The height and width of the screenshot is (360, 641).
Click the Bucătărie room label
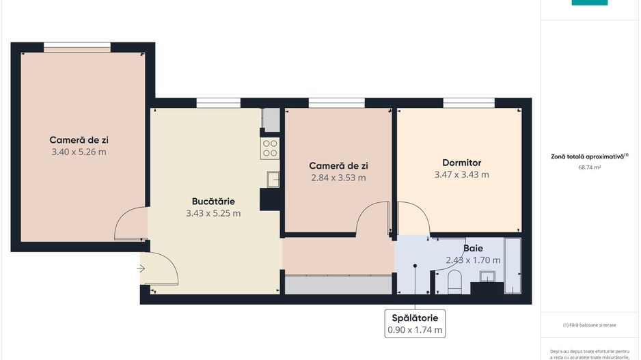(213, 202)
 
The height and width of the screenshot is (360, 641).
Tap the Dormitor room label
(462, 163)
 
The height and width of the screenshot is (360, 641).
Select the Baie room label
(474, 249)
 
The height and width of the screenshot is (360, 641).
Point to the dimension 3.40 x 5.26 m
(79, 152)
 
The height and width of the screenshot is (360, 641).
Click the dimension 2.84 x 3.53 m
(338, 178)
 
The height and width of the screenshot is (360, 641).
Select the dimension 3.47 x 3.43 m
(462, 175)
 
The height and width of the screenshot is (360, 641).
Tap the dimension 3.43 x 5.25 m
(213, 213)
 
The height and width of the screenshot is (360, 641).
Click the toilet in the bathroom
(455, 281)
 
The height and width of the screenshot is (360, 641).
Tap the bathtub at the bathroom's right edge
(512, 266)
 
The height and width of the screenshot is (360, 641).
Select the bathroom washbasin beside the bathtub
(489, 276)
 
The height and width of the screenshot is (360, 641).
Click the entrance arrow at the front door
(141, 268)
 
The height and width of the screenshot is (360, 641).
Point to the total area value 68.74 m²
(589, 167)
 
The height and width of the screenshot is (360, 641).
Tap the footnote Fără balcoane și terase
(590, 324)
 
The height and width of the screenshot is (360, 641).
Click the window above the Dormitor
(468, 102)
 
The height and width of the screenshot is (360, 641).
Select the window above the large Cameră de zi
(77, 46)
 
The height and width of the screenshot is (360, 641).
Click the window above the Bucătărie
(218, 102)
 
